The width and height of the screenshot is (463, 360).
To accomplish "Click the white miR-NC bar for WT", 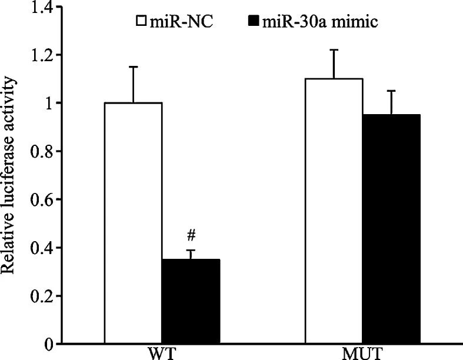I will (x=133, y=224).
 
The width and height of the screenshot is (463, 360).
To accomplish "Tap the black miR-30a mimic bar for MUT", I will (x=391, y=229).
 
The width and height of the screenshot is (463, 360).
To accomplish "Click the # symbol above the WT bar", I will (x=191, y=236).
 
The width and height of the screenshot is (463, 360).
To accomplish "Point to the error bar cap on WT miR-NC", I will (x=133, y=67).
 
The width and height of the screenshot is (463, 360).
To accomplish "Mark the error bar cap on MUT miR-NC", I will (x=334, y=50).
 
